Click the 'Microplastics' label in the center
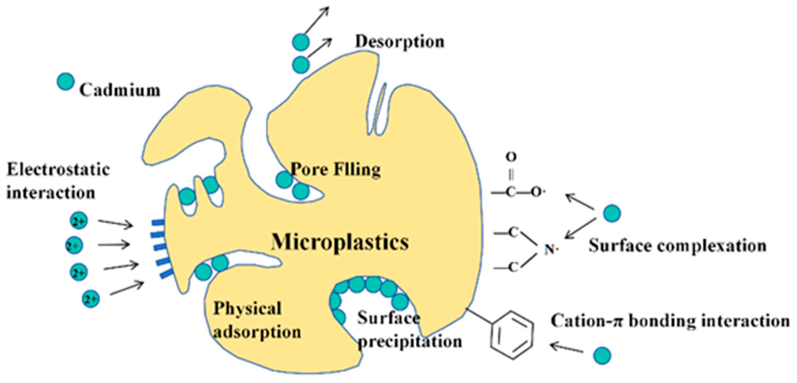(340, 242)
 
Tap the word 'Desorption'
(400, 42)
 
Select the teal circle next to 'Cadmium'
(65, 82)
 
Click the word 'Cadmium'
(120, 90)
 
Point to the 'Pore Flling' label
(335, 170)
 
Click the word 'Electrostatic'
(58, 170)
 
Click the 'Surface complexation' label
(677, 246)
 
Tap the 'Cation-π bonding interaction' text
(670, 321)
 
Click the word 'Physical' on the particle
(247, 308)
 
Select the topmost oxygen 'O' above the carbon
(511, 157)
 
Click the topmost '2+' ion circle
(79, 221)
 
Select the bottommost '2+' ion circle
(91, 299)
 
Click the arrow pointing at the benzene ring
(566, 348)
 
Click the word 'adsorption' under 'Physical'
(257, 332)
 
